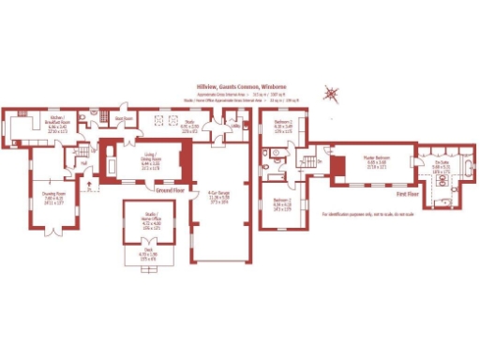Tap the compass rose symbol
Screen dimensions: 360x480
click(x=329, y=93)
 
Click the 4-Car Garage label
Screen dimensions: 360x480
click(x=220, y=199)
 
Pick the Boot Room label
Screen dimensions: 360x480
click(x=121, y=119)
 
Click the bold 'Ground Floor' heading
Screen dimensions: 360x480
click(x=169, y=190)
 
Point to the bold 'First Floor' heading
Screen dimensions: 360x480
click(x=408, y=193)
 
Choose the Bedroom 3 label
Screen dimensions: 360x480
click(x=282, y=205)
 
